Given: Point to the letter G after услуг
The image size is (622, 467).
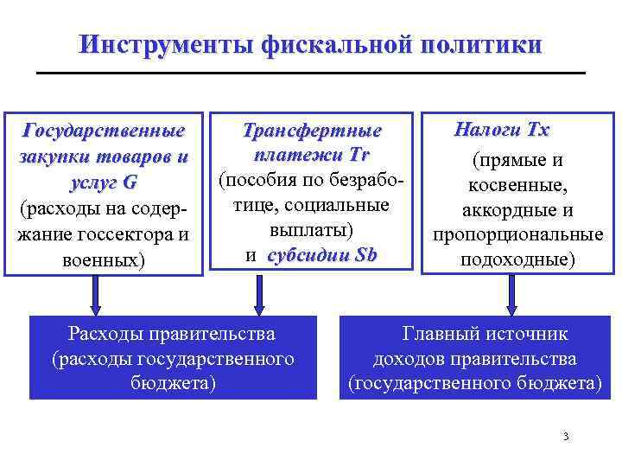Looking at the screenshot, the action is tap(130, 185).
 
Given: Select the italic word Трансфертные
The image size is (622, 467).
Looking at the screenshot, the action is tap(312, 131).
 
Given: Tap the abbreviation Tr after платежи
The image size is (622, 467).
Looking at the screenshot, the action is tap(359, 155).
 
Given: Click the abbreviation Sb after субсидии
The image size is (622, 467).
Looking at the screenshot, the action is tap(361, 256).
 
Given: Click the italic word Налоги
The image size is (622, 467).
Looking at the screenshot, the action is tap(486, 131).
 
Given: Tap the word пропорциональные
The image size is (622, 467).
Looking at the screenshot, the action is tap(517, 235).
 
